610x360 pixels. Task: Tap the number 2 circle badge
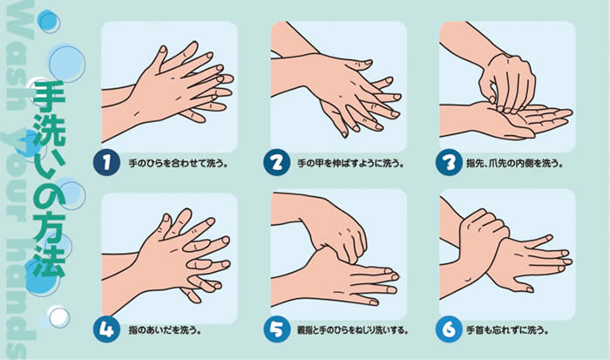(277, 162)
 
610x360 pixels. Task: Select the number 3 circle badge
(447, 162)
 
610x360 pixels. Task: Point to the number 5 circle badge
(277, 330)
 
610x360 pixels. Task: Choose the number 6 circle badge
(447, 330)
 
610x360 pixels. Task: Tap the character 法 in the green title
(49, 263)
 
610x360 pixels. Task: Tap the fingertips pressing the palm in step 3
(501, 96)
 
